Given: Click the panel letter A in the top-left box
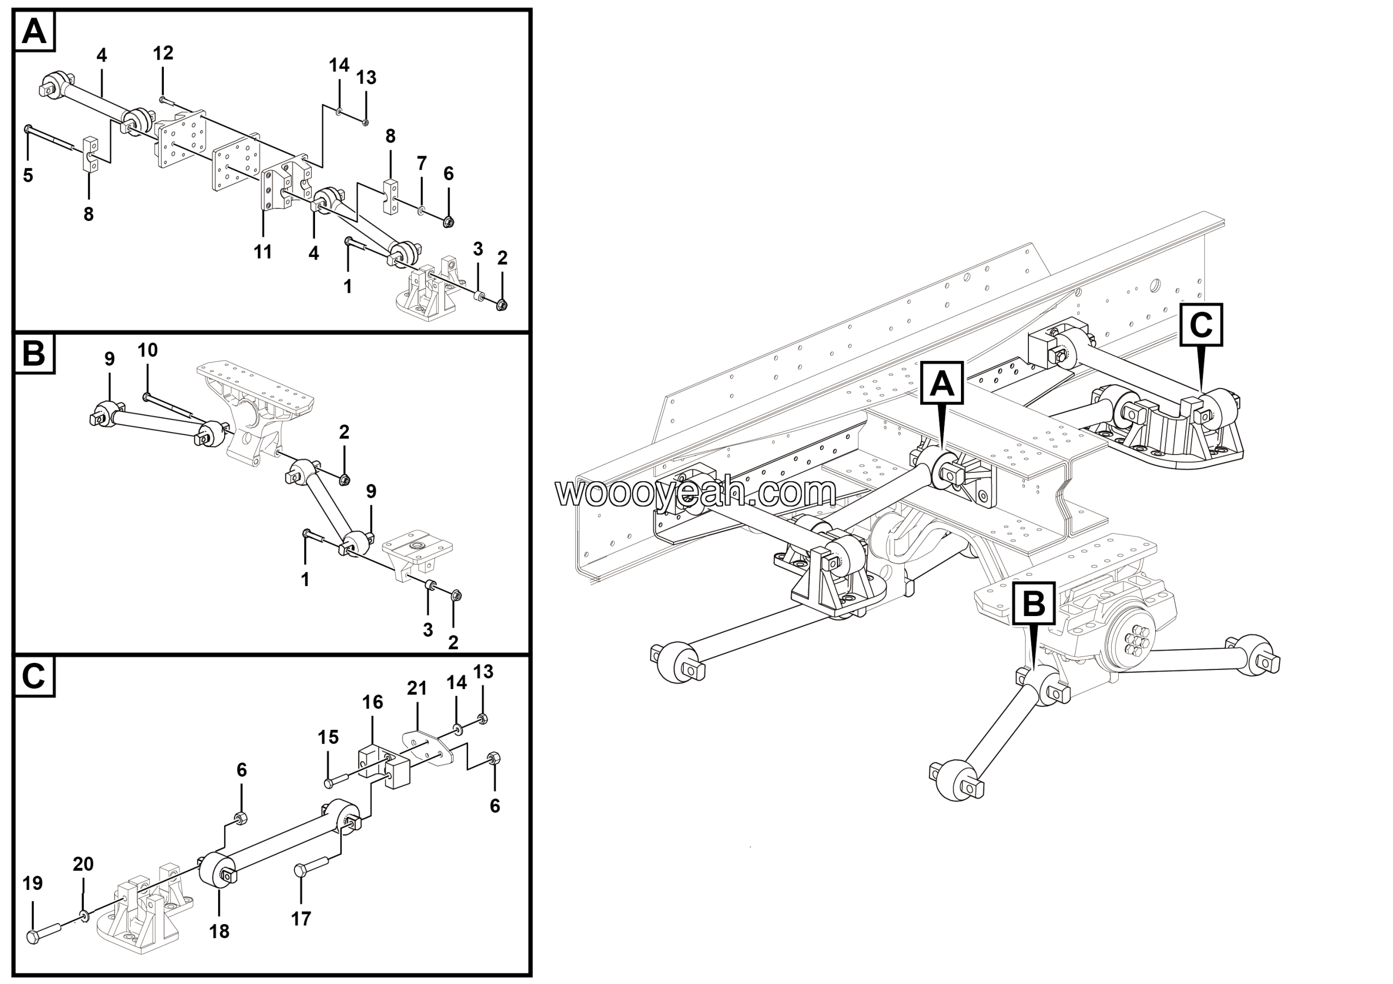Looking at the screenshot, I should (33, 31).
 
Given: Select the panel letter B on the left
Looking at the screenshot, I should (33, 353).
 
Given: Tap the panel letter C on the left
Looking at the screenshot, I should (33, 675).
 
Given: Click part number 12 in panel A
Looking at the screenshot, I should (163, 53).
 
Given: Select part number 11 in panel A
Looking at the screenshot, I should (263, 251).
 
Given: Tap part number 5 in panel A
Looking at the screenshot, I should (28, 175).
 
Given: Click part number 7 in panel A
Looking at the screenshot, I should (422, 163).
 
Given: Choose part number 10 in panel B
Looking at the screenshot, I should (147, 350).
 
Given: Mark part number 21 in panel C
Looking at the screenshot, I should (417, 688).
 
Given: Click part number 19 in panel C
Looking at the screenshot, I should (33, 883).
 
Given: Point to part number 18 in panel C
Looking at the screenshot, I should (219, 931).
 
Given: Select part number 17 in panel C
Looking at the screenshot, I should (301, 919).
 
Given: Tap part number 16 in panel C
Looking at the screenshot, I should (373, 702).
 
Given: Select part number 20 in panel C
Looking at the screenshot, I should (83, 864).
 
